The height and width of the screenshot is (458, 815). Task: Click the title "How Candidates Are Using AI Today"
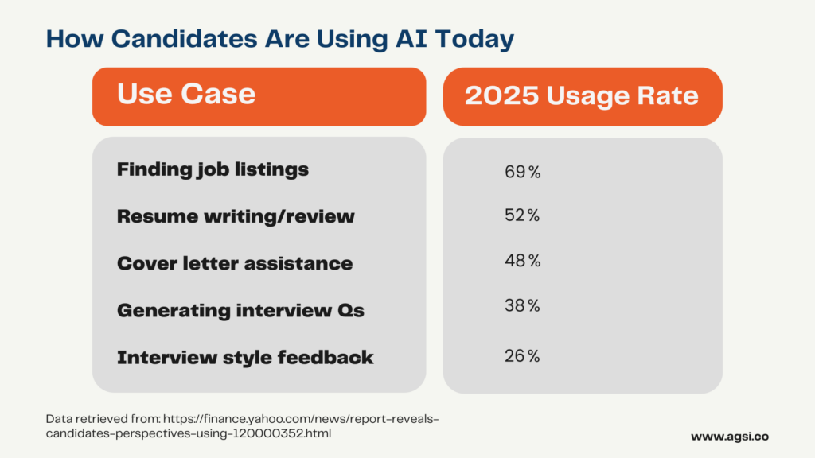(x=280, y=40)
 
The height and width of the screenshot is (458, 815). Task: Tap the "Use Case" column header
(x=186, y=94)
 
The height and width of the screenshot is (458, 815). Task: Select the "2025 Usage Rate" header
(x=582, y=95)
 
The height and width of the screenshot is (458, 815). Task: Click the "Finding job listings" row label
(x=213, y=170)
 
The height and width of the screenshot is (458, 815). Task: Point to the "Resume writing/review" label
(x=236, y=216)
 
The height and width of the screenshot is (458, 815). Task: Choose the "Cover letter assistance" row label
(x=235, y=263)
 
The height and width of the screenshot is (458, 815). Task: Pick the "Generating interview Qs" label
(x=240, y=311)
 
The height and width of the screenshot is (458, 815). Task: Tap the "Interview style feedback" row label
(x=245, y=357)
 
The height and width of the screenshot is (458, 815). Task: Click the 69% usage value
(x=522, y=172)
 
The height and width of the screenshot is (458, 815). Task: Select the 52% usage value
(x=522, y=215)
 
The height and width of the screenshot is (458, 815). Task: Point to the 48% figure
(x=522, y=261)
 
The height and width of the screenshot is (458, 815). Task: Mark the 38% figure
(x=522, y=306)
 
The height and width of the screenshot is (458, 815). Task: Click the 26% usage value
(x=522, y=355)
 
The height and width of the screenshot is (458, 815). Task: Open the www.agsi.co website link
(x=729, y=437)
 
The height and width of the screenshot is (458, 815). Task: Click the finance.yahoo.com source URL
(x=242, y=426)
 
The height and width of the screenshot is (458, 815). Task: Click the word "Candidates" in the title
(x=184, y=38)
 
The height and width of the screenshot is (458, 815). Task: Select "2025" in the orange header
(x=501, y=95)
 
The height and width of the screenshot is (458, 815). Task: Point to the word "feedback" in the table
(x=326, y=357)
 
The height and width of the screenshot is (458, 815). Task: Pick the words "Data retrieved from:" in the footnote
(x=103, y=419)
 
